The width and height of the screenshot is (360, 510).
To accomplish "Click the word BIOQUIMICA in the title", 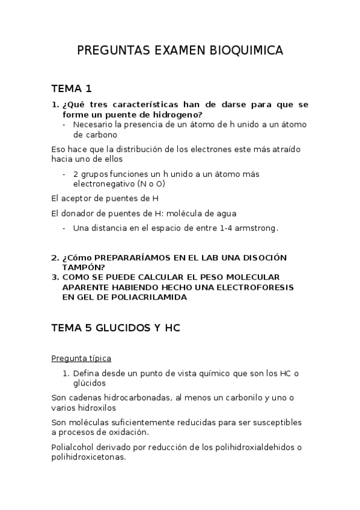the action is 246,51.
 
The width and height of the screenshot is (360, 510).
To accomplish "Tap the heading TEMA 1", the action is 72,89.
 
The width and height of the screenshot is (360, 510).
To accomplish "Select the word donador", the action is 79,213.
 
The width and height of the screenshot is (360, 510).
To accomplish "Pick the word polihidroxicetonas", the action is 89,456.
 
